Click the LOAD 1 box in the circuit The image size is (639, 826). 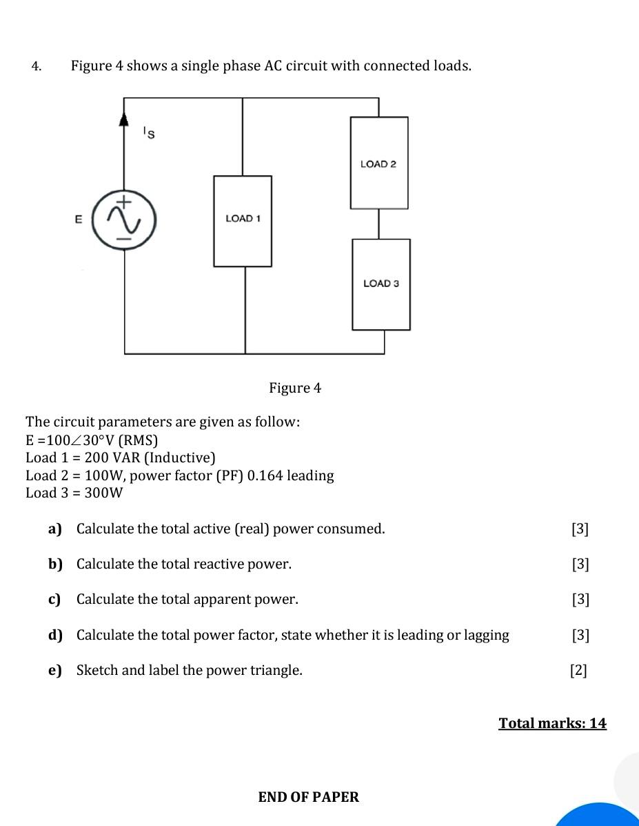243,221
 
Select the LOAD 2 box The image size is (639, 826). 378,163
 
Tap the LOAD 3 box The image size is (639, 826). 381,284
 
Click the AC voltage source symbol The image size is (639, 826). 125,220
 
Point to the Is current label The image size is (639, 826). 148,133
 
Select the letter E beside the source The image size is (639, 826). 79,219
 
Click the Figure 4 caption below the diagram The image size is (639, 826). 295,388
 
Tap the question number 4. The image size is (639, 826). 36,66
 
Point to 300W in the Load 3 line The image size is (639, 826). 103,493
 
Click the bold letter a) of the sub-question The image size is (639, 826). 55,529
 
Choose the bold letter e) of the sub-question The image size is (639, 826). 55,670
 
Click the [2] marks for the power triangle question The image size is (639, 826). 579,670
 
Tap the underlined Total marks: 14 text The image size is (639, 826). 552,723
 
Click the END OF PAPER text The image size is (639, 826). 309,797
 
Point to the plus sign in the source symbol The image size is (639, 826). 124,202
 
